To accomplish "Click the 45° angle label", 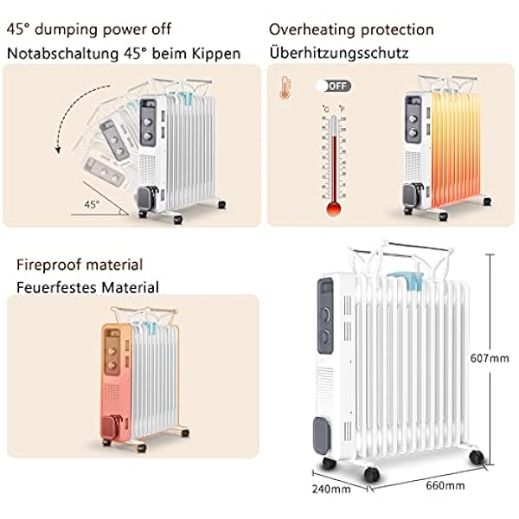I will (x=92, y=203).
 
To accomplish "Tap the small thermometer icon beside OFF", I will (x=282, y=87).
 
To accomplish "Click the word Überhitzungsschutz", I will (x=339, y=53).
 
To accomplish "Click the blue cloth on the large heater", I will (x=404, y=280).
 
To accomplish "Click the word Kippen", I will (x=218, y=53).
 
